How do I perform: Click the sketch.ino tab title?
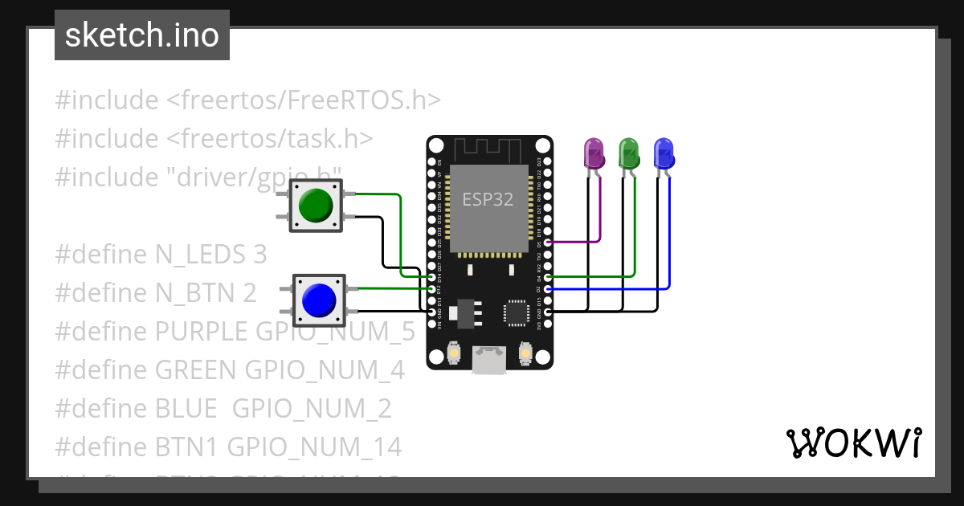pyautogui.click(x=141, y=35)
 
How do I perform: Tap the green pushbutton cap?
pyautogui.click(x=315, y=205)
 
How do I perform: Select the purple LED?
pyautogui.click(x=593, y=153)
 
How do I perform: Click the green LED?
pyautogui.click(x=628, y=153)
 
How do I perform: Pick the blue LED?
pyautogui.click(x=664, y=153)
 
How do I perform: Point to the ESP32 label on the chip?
pyautogui.click(x=487, y=199)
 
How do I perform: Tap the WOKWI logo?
pyautogui.click(x=853, y=443)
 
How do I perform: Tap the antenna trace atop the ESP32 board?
pyautogui.click(x=488, y=149)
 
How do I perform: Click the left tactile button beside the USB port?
pyautogui.click(x=454, y=353)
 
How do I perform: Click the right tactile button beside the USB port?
pyautogui.click(x=525, y=353)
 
